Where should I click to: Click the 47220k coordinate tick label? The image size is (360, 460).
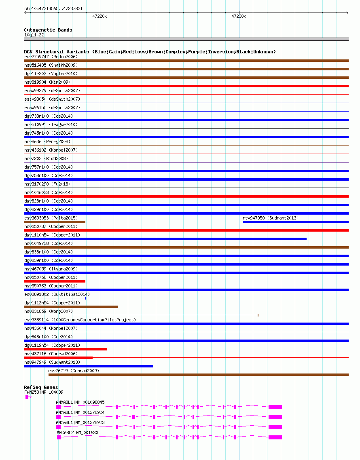[x=100, y=17]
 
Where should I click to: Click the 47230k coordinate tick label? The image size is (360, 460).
[x=239, y=17]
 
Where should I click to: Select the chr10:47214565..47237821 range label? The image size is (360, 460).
[x=53, y=8]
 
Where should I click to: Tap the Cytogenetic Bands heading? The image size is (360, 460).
[x=48, y=30]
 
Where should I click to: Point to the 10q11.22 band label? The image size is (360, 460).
[x=34, y=35]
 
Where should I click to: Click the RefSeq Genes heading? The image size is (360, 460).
[x=41, y=387]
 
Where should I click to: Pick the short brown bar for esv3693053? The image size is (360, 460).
[x=55, y=222]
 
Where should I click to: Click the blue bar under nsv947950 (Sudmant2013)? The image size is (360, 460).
[x=295, y=222]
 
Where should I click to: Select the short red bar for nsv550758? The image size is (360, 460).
[x=55, y=281]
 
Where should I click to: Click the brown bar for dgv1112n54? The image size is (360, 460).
[x=71, y=307]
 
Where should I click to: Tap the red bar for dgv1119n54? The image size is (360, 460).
[x=66, y=349]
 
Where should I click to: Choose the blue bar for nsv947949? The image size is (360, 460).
[x=89, y=366]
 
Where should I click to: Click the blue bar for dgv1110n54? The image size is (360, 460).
[x=165, y=239]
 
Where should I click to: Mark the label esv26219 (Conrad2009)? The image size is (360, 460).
[x=74, y=371]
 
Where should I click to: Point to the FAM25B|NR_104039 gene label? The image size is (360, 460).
[x=44, y=392]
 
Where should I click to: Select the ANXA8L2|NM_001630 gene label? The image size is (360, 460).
[x=77, y=433]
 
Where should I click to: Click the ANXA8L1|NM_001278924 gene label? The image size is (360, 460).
[x=80, y=412]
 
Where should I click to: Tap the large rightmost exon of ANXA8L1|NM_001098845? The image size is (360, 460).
[x=275, y=407]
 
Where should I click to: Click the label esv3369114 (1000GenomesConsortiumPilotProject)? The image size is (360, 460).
[x=80, y=320]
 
